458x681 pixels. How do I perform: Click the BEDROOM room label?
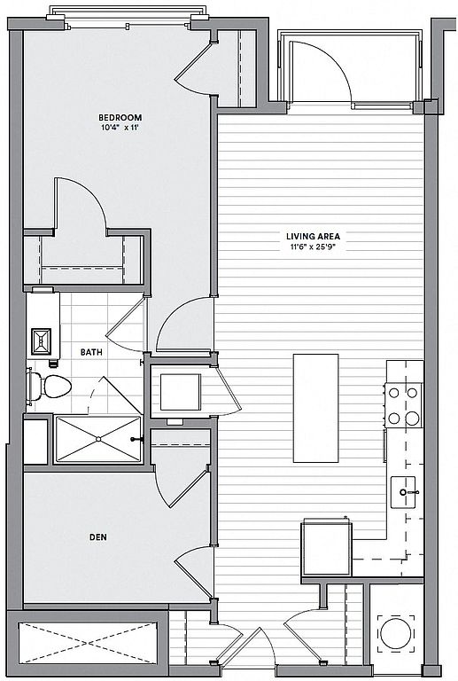[x=120, y=117]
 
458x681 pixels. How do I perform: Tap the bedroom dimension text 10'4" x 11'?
[x=120, y=128]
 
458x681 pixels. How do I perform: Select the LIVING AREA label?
[x=313, y=236]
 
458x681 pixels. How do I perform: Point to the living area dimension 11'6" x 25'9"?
[x=313, y=247]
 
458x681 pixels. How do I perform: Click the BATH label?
[x=91, y=352]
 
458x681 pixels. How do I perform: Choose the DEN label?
[x=98, y=537]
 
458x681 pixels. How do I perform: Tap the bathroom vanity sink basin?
[x=42, y=341]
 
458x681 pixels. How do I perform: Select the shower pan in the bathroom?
[x=98, y=439]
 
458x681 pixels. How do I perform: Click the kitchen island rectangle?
[x=315, y=408]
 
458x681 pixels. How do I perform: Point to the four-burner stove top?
[x=403, y=405]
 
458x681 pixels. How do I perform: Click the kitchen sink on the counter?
[x=403, y=492]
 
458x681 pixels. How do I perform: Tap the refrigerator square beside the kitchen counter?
[x=327, y=549]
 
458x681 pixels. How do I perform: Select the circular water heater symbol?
[x=396, y=633]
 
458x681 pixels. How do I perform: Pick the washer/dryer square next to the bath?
[x=181, y=392]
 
